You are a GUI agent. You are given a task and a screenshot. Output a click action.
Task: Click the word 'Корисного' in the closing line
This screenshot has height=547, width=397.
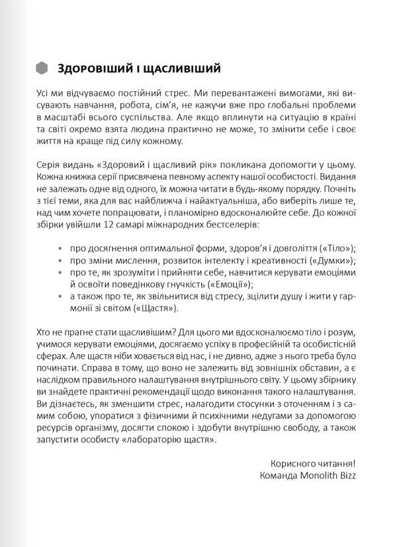point(294,460)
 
